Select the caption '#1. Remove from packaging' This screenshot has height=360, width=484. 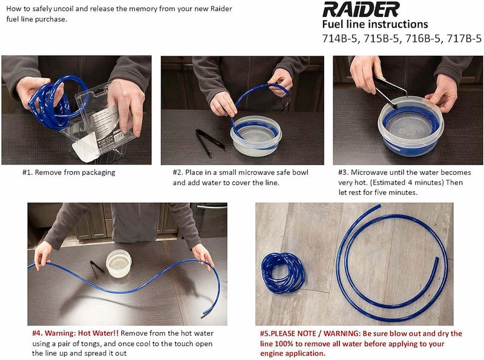point(68,172)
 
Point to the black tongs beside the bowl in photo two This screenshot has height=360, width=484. point(209,140)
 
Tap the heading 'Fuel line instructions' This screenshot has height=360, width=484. point(374,25)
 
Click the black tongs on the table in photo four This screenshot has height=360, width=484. point(97,267)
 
